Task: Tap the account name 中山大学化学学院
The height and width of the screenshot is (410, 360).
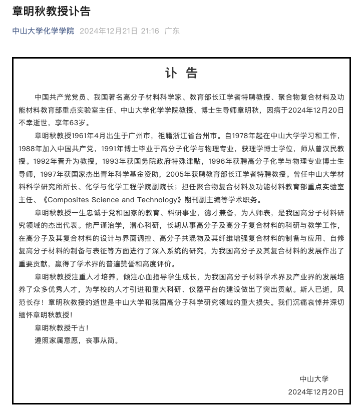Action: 43,31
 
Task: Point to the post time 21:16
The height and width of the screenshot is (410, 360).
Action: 150,31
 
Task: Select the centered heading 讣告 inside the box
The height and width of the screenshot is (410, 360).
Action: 181,73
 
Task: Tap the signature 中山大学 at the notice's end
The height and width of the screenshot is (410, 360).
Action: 314,379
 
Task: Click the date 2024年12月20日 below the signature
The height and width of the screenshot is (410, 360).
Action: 316,391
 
